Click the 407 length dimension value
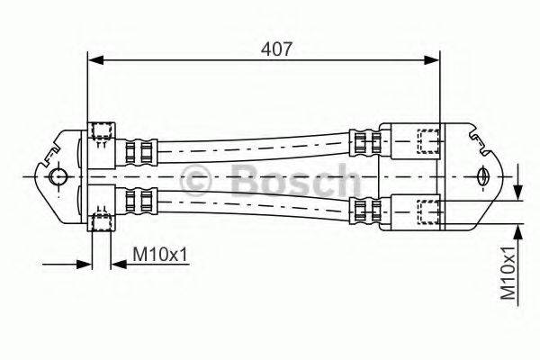click(x=276, y=49)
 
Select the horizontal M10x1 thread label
click(x=161, y=256)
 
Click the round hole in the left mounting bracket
click(x=57, y=176)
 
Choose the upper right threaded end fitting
click(x=427, y=140)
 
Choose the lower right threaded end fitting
click(x=427, y=211)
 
